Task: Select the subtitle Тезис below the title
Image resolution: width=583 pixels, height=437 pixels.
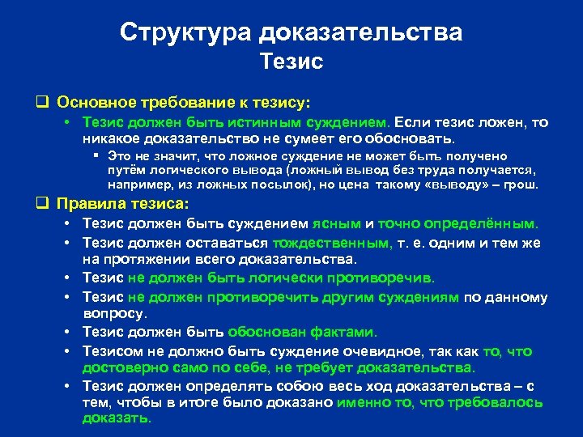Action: [291, 62]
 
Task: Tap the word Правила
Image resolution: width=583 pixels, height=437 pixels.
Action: [90, 204]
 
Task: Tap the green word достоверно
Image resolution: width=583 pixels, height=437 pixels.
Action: [119, 368]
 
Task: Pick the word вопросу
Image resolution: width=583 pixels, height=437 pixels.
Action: [114, 313]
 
